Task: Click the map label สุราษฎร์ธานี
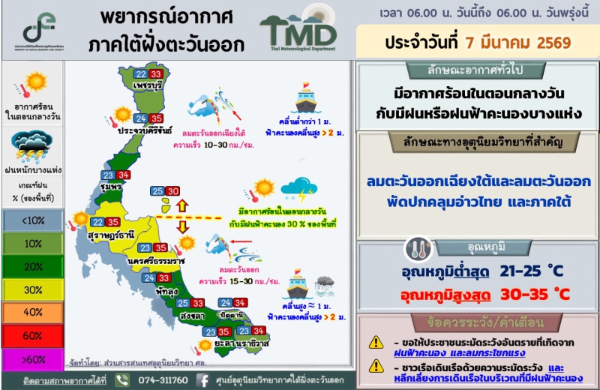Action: point(110,235)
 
